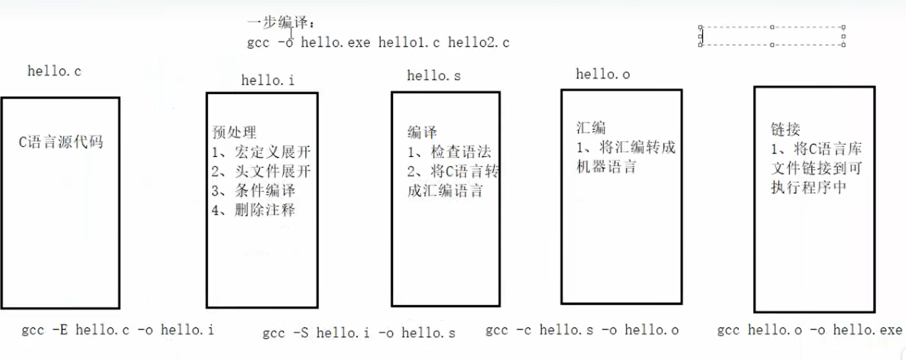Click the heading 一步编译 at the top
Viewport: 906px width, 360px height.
pyautogui.click(x=281, y=23)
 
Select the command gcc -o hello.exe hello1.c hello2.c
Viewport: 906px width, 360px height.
pyautogui.click(x=378, y=42)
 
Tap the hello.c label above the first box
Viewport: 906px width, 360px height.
pyautogui.click(x=54, y=71)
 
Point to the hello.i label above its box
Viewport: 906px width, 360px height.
pyautogui.click(x=267, y=80)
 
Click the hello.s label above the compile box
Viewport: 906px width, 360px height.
pyautogui.click(x=433, y=76)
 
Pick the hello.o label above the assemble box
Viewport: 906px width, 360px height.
pyautogui.click(x=602, y=74)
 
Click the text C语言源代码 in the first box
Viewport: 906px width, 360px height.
pyautogui.click(x=61, y=142)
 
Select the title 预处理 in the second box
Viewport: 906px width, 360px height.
pyautogui.click(x=234, y=132)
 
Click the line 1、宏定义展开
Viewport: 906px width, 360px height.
pyautogui.click(x=261, y=152)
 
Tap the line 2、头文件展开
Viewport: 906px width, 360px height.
pyautogui.click(x=261, y=171)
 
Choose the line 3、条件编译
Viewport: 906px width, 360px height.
pyautogui.click(x=254, y=190)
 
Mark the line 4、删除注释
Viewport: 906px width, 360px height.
pyautogui.click(x=254, y=209)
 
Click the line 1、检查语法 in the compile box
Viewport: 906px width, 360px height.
pyautogui.click(x=449, y=152)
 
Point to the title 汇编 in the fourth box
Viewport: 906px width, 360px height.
pyautogui.click(x=591, y=128)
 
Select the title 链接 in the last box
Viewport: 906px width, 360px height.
pyautogui.click(x=785, y=130)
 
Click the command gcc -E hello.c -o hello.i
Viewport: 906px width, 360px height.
pyautogui.click(x=117, y=330)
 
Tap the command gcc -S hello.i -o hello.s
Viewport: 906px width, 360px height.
pyautogui.click(x=359, y=333)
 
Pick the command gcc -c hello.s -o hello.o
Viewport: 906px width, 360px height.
pyautogui.click(x=582, y=330)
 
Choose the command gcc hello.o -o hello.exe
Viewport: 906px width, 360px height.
pyautogui.click(x=809, y=330)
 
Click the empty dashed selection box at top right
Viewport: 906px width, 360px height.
pyautogui.click(x=772, y=36)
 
